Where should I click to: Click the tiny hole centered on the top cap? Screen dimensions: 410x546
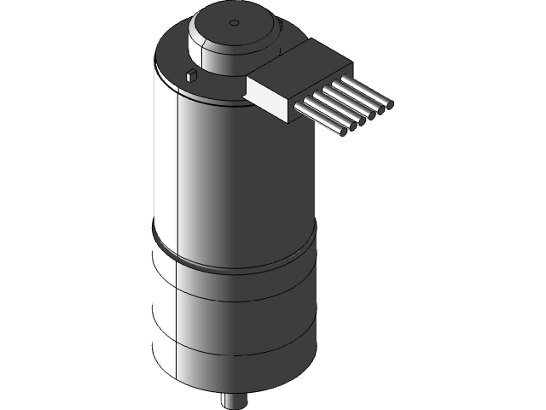(x=232, y=20)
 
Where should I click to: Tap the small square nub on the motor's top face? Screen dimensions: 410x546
(x=191, y=75)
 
